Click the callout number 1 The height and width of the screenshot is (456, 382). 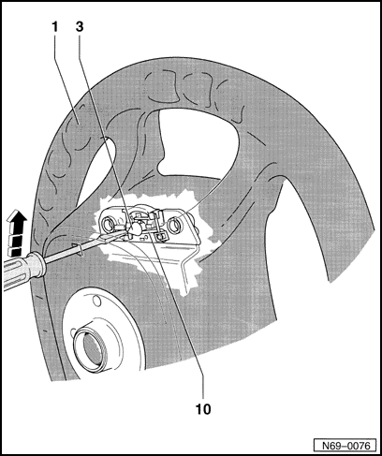55,27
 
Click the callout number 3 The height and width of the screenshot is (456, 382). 80,27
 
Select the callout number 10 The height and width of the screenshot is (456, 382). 203,409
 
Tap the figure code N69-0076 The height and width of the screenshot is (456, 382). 345,445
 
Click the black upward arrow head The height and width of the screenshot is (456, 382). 17,218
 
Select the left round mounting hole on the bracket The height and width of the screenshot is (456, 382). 109,225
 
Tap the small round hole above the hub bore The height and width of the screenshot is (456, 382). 97,302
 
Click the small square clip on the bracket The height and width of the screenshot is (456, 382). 160,236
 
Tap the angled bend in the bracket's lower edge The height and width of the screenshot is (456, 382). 185,258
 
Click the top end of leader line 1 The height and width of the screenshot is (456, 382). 55,34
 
